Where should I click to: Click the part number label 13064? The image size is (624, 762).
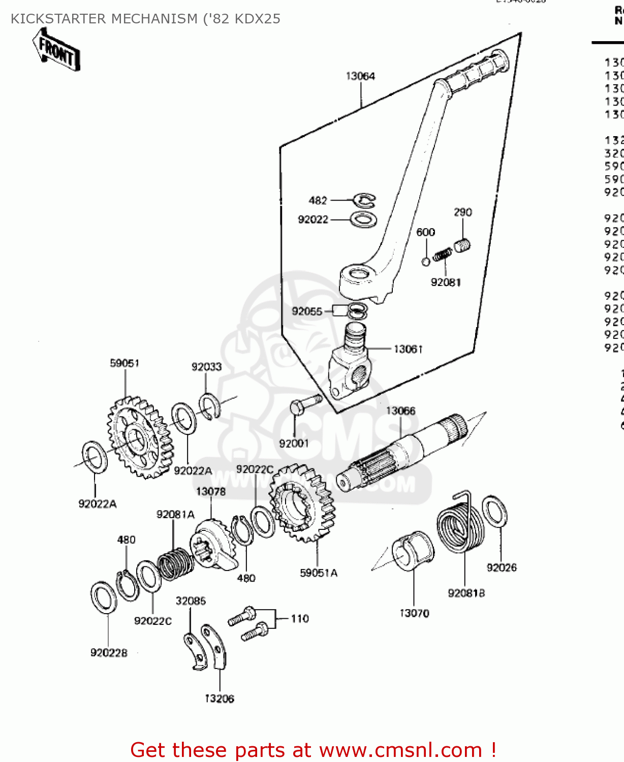[x=360, y=76]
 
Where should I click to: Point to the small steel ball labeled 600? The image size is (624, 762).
[x=426, y=262]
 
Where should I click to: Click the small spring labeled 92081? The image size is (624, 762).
[x=442, y=255]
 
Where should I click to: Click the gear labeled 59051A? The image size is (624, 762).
[x=302, y=503]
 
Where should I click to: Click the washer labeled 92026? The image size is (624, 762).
[x=494, y=512]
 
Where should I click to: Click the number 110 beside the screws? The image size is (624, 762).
[x=300, y=618]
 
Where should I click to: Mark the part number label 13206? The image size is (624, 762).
[x=220, y=698]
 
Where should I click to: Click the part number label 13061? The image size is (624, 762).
[x=408, y=349]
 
